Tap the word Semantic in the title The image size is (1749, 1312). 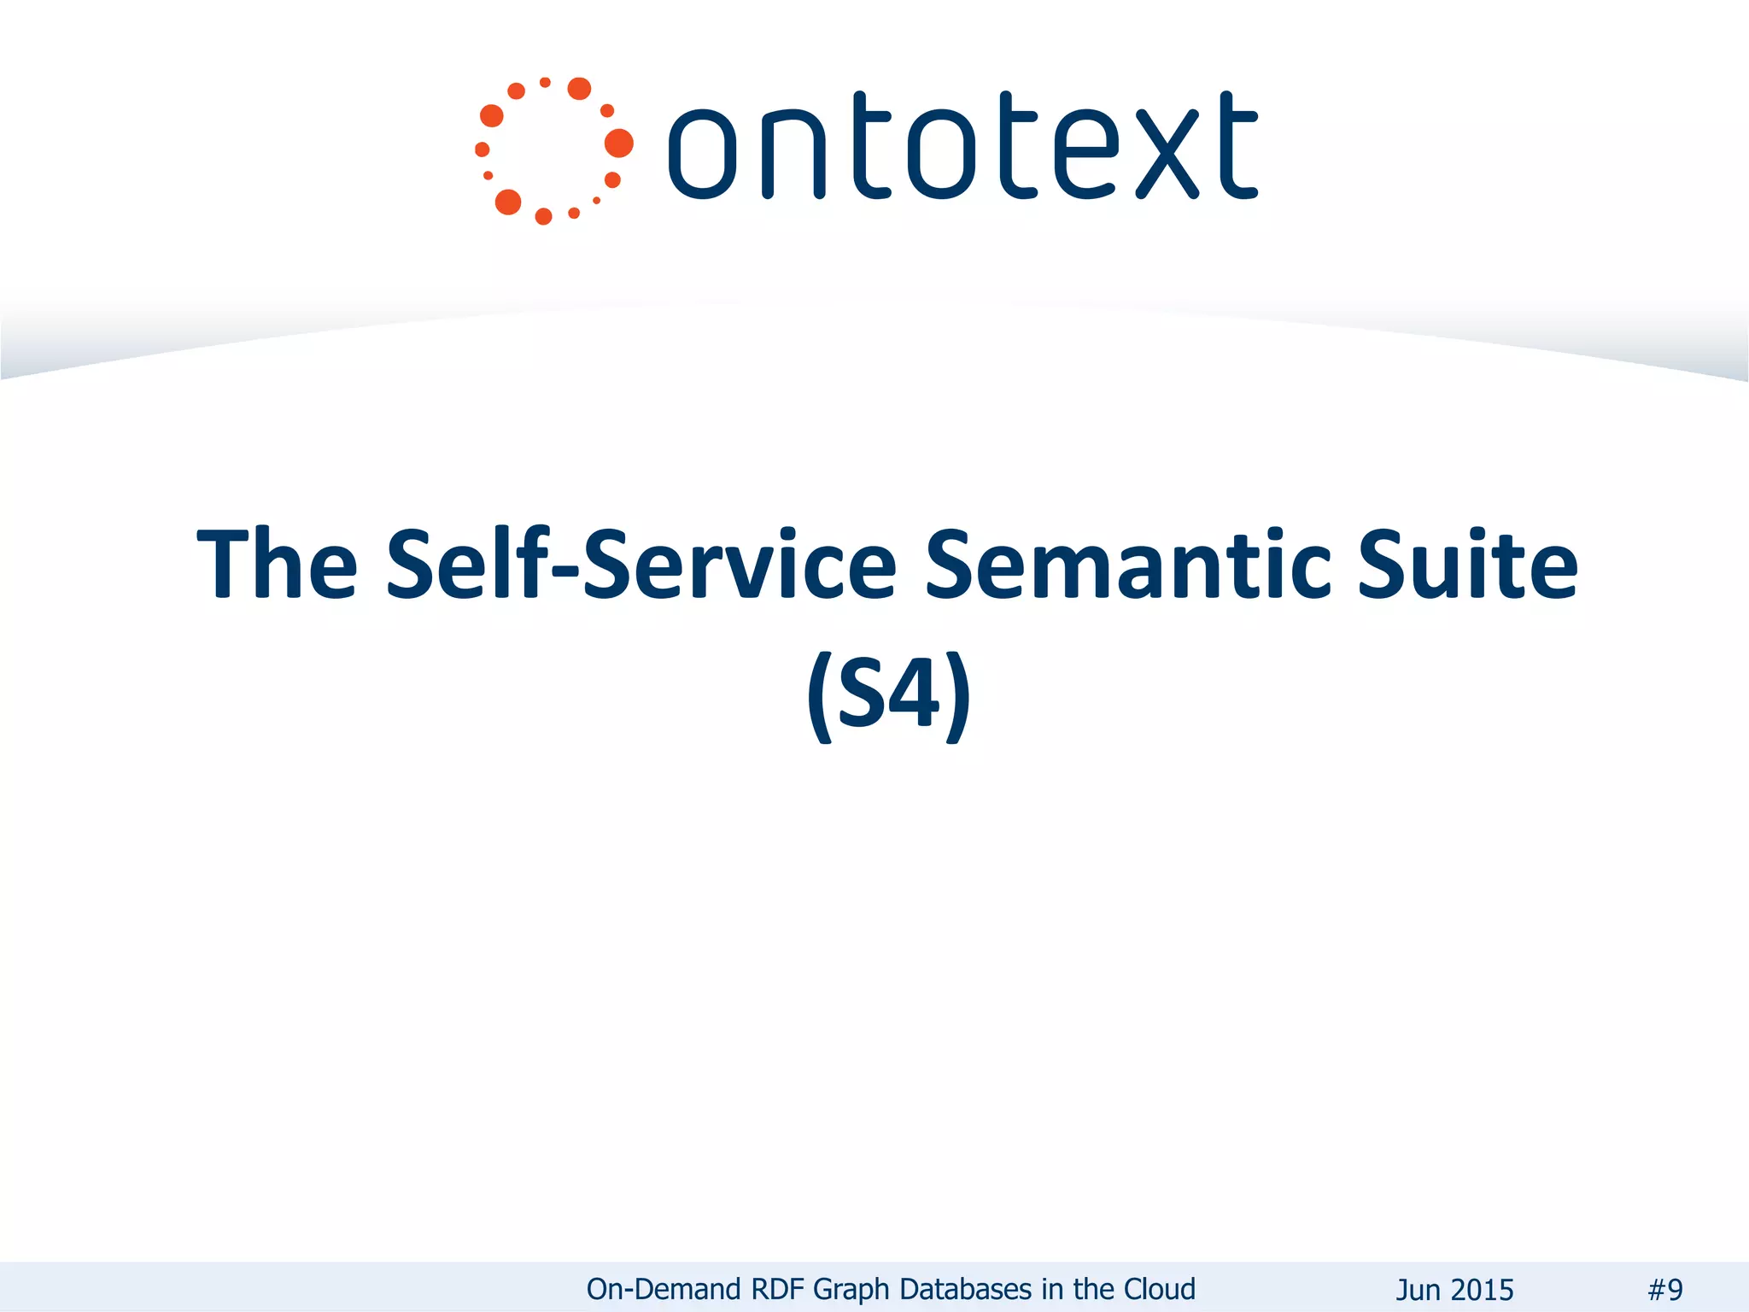point(1127,564)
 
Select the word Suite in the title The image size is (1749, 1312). point(1467,564)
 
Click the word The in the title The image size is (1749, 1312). point(277,564)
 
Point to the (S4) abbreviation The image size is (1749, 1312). point(888,694)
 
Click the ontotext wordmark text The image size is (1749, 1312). point(962,147)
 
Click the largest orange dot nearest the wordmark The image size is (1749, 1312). point(619,143)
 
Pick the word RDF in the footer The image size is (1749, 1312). point(780,1289)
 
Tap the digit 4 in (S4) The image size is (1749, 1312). point(914,694)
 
